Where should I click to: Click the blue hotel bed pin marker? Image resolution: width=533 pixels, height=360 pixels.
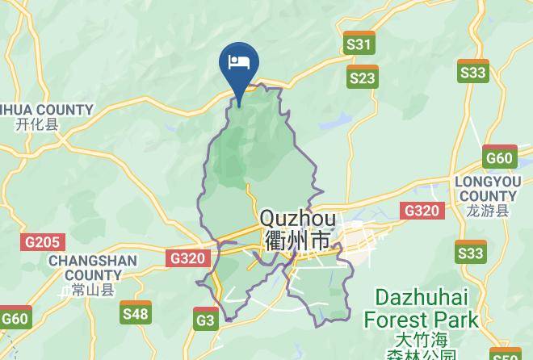pyautogui.click(x=239, y=63)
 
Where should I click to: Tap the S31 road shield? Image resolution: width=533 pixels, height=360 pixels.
pyautogui.click(x=359, y=44)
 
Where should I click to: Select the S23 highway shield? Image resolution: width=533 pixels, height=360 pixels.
pyautogui.click(x=363, y=77)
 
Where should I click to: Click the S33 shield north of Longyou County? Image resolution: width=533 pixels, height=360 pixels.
pyautogui.click(x=472, y=72)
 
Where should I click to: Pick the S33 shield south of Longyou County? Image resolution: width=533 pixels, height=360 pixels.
pyautogui.click(x=471, y=253)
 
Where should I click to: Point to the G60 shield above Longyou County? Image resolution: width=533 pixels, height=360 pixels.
pyautogui.click(x=499, y=157)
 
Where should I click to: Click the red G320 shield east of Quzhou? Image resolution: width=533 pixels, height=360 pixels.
pyautogui.click(x=422, y=211)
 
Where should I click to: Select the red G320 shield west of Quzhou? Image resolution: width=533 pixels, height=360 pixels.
pyautogui.click(x=188, y=258)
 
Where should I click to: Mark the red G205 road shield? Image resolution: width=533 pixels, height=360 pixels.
pyautogui.click(x=43, y=241)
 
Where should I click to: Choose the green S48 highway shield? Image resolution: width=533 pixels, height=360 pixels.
pyautogui.click(x=136, y=312)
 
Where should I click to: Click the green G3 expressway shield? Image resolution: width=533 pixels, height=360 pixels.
pyautogui.click(x=206, y=320)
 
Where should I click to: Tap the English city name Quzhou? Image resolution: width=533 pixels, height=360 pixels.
pyautogui.click(x=297, y=219)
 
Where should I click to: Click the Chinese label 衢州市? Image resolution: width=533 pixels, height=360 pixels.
pyautogui.click(x=297, y=241)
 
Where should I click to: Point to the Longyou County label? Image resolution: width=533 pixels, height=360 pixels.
pyautogui.click(x=487, y=189)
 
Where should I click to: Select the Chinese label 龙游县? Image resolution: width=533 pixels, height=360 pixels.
pyautogui.click(x=487, y=211)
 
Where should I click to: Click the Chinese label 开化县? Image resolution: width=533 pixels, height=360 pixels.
pyautogui.click(x=37, y=124)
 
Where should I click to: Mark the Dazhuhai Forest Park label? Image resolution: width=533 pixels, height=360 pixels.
pyautogui.click(x=421, y=308)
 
